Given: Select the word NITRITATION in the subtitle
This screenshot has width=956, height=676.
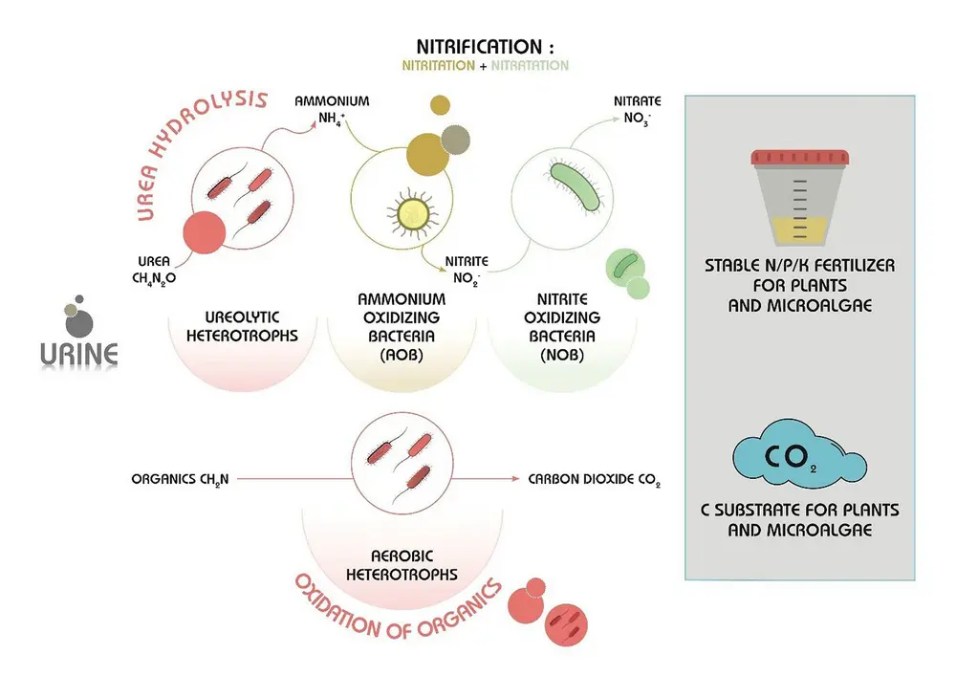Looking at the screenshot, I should point(437,66).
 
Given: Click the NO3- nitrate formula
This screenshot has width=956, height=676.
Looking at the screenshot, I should point(632,120).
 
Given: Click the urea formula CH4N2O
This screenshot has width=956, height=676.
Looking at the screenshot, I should point(152,279).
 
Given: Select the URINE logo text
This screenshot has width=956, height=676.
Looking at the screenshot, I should point(79,355).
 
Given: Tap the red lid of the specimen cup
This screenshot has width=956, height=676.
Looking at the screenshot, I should point(800,157).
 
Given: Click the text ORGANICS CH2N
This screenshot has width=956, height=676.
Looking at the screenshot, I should point(180,478).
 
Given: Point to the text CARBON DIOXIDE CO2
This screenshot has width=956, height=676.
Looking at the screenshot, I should point(594,478).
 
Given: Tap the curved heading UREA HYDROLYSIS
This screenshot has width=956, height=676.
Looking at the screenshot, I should point(196,143).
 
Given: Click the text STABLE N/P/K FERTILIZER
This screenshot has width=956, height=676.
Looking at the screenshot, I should point(799,266).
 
